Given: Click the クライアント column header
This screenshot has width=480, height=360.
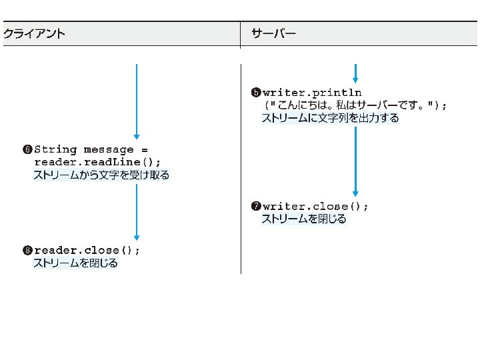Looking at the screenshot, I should tap(35, 34).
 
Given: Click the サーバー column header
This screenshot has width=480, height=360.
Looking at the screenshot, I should tap(273, 34).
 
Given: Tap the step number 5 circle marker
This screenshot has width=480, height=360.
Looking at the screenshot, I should tap(256, 92).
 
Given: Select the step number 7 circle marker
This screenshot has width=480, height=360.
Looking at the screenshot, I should tap(256, 206).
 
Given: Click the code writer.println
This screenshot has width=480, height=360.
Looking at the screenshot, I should tap(312, 92).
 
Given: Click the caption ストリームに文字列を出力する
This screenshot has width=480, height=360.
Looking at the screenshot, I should tap(330, 119).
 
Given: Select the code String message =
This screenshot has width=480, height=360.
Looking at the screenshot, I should tap(91, 149).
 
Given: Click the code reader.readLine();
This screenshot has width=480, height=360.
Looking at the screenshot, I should tap(97, 162).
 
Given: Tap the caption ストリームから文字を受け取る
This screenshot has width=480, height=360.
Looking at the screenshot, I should tap(101, 175).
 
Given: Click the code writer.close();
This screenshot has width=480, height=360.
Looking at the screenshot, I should tap(315, 206).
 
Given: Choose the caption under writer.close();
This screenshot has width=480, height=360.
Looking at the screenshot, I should tap(303, 219).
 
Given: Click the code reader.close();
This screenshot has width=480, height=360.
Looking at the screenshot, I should tap(87, 251).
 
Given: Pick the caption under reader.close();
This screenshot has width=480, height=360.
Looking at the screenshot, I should tap(75, 263).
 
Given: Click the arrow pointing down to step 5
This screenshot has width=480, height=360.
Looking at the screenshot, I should tap(355, 73).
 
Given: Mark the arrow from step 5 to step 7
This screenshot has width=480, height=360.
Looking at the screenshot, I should tap(355, 160).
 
